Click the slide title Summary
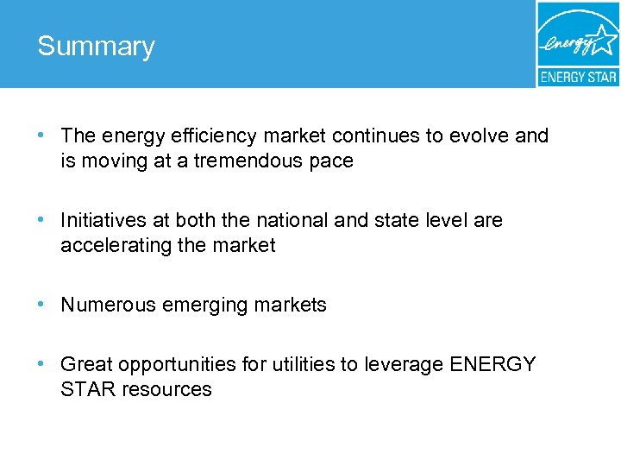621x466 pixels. coord(96,47)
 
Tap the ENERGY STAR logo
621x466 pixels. coord(578,43)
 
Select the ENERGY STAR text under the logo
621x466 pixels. coord(578,77)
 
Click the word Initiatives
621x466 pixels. coord(104,221)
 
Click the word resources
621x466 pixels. coord(166,390)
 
